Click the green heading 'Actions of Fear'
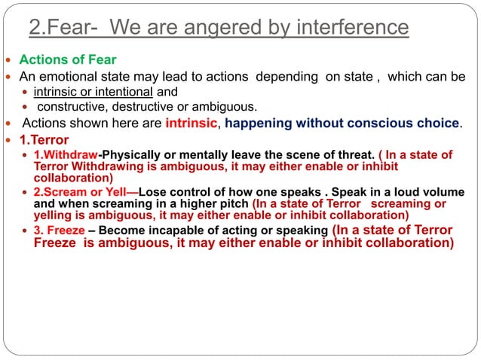coord(68,59)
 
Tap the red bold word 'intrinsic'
coord(191,123)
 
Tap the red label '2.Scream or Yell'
coord(85,191)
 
